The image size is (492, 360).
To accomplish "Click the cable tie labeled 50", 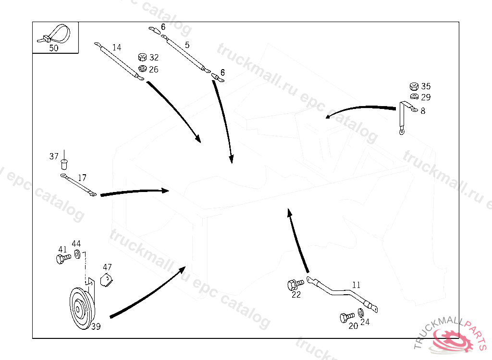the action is tap(56, 34).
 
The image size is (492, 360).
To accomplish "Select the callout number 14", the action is tap(117, 48).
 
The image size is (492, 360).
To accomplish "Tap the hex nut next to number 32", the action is tap(142, 58).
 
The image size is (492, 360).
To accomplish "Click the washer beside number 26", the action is tap(142, 69).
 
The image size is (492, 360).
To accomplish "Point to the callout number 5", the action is tap(187, 45).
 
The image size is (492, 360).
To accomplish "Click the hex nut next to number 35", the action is tap(413, 86).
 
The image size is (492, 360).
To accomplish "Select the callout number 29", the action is tap(426, 97).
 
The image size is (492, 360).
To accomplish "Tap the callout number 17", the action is tap(82, 178).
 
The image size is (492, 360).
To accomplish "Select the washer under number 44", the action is tap(77, 253).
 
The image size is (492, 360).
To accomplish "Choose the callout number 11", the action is tap(356, 285).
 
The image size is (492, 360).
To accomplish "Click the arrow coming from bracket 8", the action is tap(360, 108).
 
